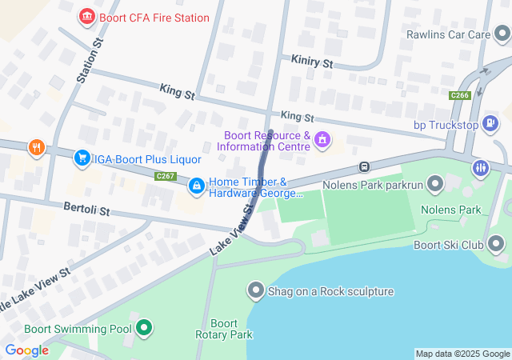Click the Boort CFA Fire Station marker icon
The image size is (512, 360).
click(87, 17)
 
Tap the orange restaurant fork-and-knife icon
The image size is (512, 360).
click(35, 148)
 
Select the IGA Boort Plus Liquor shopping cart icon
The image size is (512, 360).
click(82, 158)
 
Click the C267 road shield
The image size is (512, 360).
click(166, 176)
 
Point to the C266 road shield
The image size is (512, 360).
click(459, 95)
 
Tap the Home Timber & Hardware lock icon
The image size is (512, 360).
click(196, 186)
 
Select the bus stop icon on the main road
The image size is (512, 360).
click(364, 167)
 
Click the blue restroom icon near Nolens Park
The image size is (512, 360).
click(480, 167)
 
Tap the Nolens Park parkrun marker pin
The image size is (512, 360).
click(435, 186)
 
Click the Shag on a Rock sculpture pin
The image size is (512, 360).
click(256, 290)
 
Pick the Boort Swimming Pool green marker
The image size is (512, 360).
click(144, 328)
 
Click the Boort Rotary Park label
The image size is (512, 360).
click(217, 329)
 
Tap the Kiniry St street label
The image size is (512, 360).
click(311, 62)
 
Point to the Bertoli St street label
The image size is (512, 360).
click(86, 209)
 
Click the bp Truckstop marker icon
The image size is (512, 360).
click(490, 125)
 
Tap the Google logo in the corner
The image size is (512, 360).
click(27, 350)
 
